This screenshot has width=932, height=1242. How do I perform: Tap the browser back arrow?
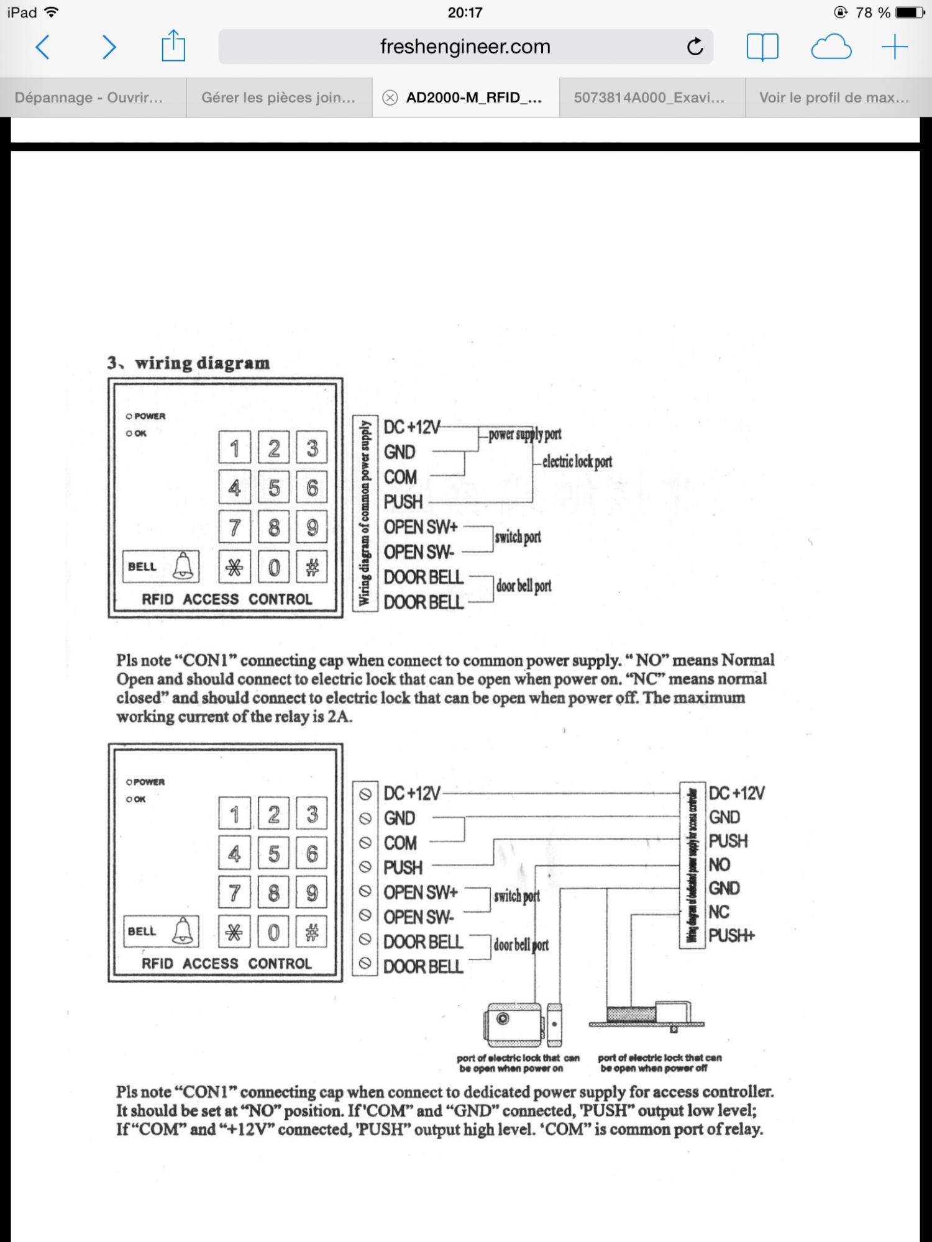pos(42,47)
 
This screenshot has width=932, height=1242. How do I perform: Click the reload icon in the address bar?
pos(695,47)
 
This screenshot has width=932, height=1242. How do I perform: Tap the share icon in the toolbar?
pos(173,47)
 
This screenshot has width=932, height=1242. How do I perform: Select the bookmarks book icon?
pos(762,47)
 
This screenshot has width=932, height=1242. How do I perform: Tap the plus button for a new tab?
pos(894,47)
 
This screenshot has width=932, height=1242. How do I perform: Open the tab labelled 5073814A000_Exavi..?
pos(649,97)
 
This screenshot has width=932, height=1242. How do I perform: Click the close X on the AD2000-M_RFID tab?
pos(390,97)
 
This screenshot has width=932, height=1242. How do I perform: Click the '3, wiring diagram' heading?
pos(188,363)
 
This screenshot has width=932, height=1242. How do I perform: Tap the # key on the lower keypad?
pos(311,931)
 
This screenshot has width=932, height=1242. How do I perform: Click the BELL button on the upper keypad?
pos(161,566)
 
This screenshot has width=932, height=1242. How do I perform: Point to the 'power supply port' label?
pos(524,434)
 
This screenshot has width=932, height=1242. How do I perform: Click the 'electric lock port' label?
pos(577,461)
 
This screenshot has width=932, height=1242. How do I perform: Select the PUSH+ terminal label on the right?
pos(731,935)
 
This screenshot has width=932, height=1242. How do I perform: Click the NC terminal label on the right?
pos(719,912)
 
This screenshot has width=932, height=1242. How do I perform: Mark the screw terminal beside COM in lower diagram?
pos(365,843)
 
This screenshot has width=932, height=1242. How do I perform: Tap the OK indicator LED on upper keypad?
pos(129,433)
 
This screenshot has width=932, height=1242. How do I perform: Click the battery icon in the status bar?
pos(910,12)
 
